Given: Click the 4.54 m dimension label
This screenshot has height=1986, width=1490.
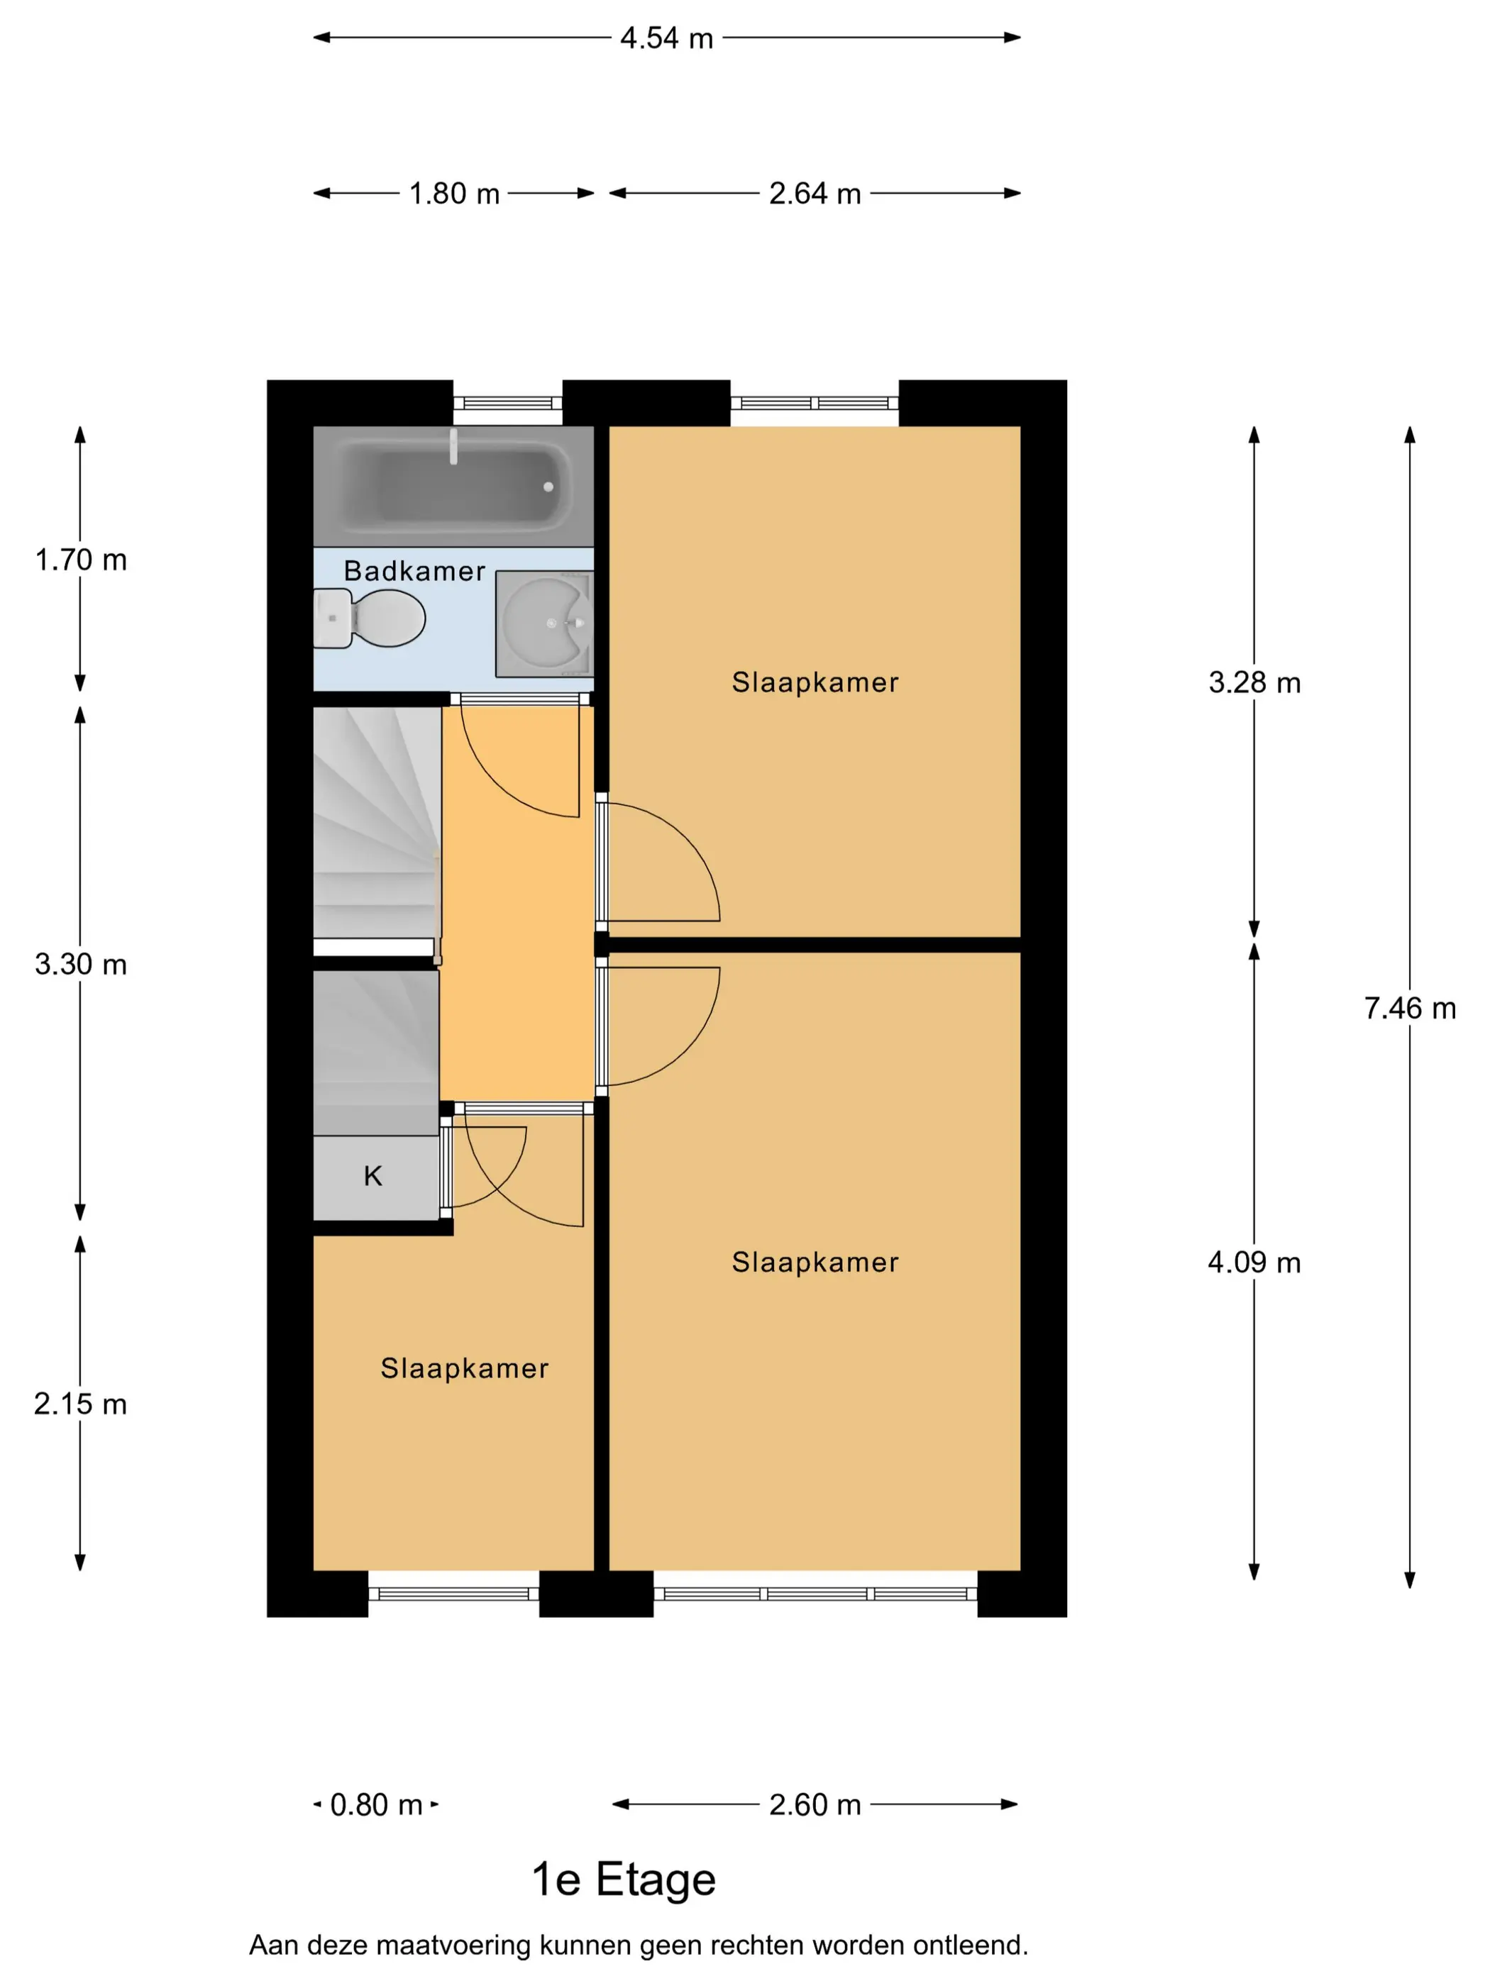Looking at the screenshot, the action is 666,38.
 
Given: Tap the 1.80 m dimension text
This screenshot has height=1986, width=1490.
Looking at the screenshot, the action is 455,193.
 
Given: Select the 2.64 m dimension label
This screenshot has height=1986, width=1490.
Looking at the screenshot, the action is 815,193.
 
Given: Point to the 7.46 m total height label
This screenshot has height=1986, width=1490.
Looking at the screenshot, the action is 1410,1009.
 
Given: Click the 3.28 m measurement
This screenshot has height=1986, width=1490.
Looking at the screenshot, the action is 1254,682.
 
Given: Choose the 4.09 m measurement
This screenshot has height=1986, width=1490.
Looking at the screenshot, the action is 1254,1263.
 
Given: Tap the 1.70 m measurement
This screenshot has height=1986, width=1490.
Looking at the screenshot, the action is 81,560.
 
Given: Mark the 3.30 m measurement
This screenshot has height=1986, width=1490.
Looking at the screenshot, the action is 81,964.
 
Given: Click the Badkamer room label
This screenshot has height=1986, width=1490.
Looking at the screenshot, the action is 415,571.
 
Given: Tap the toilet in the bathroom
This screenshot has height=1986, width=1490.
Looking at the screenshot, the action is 369,618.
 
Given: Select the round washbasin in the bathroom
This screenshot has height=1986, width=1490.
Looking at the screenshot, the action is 543,622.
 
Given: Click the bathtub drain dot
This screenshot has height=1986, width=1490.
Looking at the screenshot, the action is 548,487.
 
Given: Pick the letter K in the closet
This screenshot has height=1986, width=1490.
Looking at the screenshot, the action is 372,1176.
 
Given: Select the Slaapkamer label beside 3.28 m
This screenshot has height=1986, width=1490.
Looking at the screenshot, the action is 815,682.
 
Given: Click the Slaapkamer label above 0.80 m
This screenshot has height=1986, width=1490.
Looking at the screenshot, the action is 464,1368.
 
